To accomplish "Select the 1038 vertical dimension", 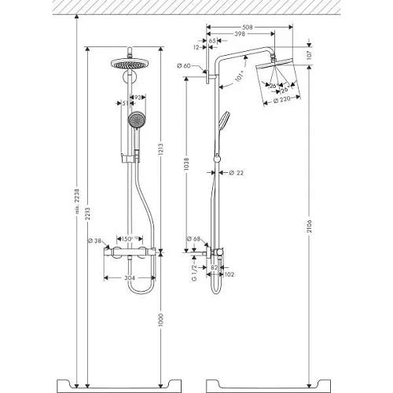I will [185, 165].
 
